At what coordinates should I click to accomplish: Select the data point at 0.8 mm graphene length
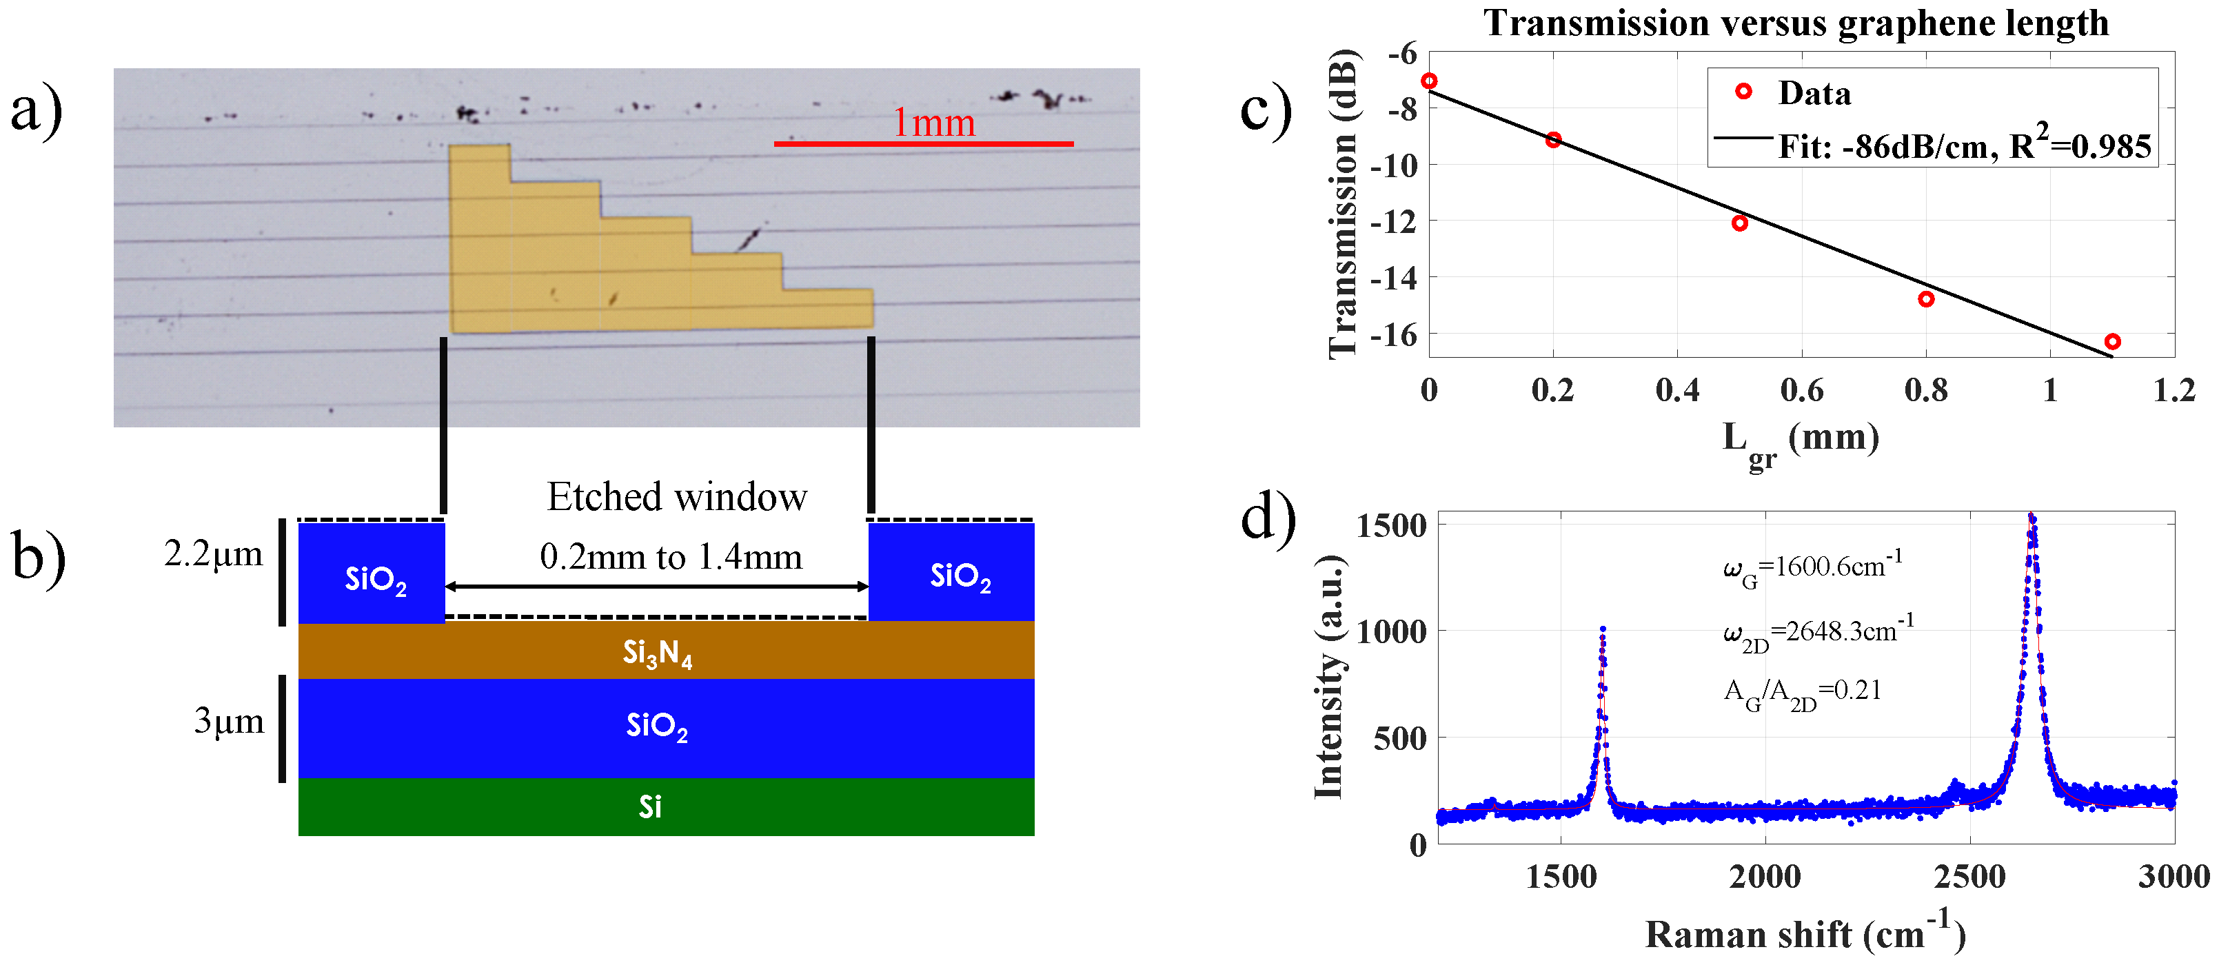pos(1926,299)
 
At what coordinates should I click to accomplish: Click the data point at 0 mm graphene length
pos(1429,81)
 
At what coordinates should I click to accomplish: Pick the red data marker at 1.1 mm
pos(2112,342)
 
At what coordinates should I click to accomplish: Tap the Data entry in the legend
pos(1813,93)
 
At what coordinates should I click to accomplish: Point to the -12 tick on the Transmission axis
pos(1393,221)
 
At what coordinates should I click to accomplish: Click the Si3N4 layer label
pos(657,654)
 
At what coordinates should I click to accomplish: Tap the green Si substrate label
pos(650,807)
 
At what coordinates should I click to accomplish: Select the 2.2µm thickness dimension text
pos(214,554)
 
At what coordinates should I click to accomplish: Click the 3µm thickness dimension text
pos(228,720)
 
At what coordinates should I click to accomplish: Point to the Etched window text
pos(677,497)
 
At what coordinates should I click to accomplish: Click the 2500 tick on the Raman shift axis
pos(1969,877)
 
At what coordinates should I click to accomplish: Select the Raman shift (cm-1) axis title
pos(1805,933)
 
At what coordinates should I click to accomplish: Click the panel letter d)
pos(1268,520)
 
